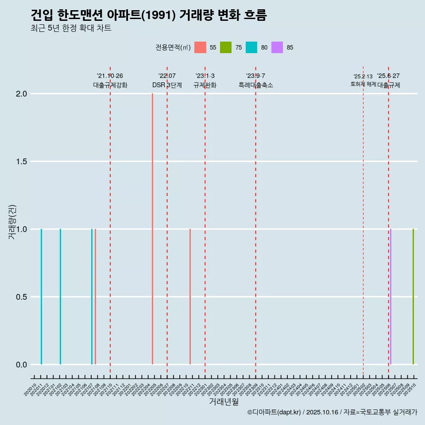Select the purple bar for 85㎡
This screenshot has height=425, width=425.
click(390, 297)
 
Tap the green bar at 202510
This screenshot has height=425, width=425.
click(413, 297)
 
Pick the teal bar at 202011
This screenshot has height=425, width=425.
click(41, 297)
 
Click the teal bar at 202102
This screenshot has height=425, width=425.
click(60, 297)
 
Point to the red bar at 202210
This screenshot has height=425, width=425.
click(190, 297)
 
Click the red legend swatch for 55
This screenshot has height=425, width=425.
click(200, 47)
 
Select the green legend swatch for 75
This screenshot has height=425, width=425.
click(226, 47)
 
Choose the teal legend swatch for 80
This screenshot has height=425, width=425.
click(251, 47)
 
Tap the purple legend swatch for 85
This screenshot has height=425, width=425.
click(277, 47)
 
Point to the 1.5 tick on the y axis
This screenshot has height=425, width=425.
click(21, 162)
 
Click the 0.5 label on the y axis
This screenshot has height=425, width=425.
click(21, 297)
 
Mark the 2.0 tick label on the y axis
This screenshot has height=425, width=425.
click(21, 94)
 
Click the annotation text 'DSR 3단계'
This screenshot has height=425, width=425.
click(167, 85)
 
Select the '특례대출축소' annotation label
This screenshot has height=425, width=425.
click(255, 85)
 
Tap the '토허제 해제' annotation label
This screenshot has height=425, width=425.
click(363, 84)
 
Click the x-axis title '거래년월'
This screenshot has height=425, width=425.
click(224, 402)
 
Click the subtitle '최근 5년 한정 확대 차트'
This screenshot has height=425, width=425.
click(71, 28)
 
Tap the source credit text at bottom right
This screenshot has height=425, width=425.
click(332, 412)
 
